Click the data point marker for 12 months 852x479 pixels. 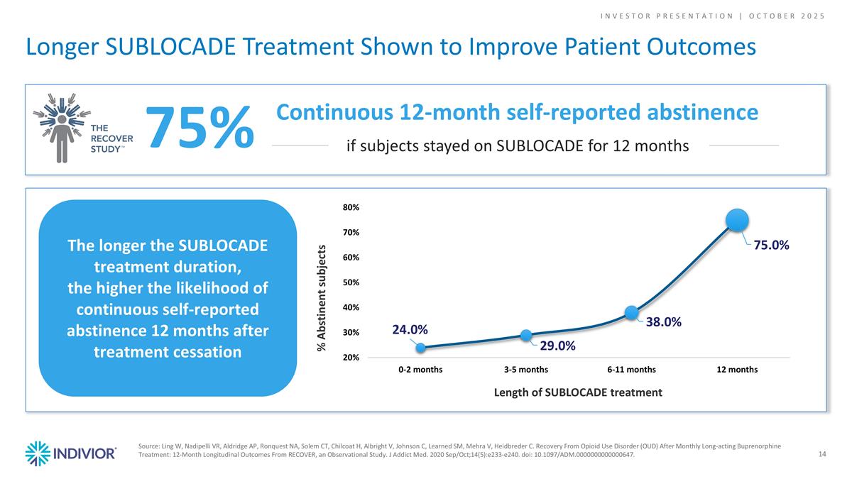coord(738,220)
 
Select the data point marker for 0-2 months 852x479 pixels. coord(420,348)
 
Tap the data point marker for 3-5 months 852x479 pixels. coord(526,335)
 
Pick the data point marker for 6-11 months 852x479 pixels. coord(631,312)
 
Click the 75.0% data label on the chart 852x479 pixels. coord(771,244)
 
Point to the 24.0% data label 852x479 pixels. coord(410,329)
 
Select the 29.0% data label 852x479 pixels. coord(557,346)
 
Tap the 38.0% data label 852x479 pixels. coord(664,322)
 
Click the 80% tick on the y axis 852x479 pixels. coord(351,208)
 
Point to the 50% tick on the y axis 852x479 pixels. coord(351,282)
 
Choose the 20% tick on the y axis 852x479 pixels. coord(351,358)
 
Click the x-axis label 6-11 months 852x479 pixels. coord(631,370)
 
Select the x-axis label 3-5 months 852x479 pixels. coord(526,370)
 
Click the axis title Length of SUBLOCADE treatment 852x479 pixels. coord(579,392)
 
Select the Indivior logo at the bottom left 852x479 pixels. coord(71,453)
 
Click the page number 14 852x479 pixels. coord(822,454)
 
